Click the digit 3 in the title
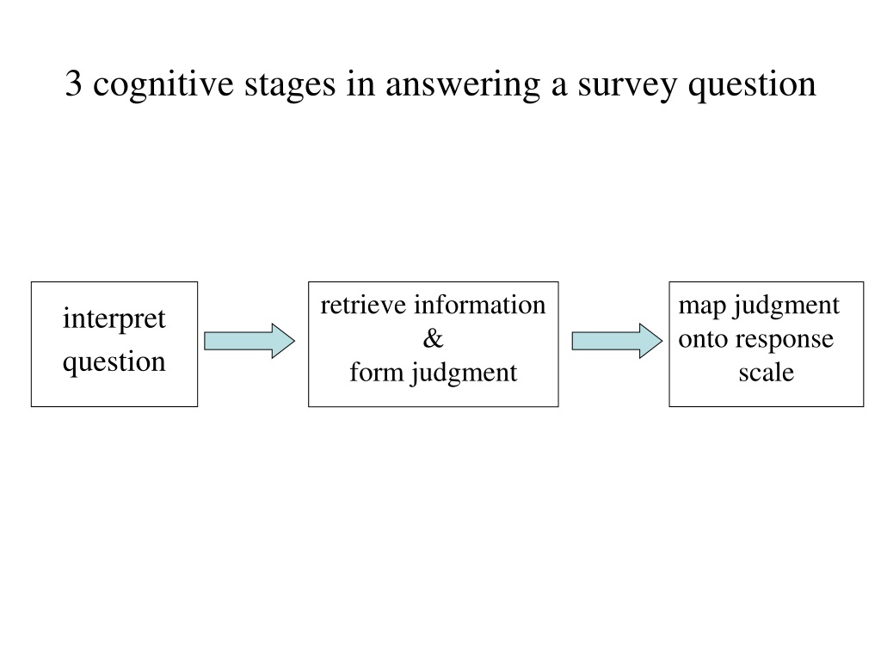point(74,83)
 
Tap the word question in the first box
point(114,362)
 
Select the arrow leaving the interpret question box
point(249,341)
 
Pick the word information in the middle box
point(480,306)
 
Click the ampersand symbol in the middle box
point(434,339)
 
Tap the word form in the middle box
point(372,372)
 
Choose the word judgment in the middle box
point(464,374)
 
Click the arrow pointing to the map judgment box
point(617,341)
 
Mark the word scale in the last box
point(767,372)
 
